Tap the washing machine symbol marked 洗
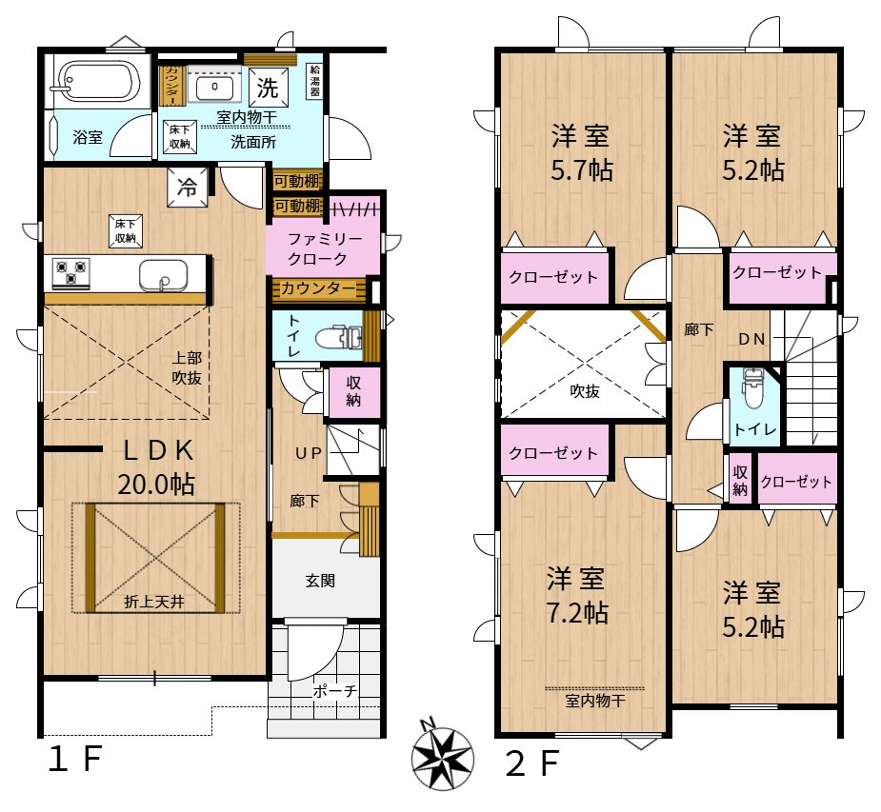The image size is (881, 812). (268, 87)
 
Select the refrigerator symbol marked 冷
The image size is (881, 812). (187, 187)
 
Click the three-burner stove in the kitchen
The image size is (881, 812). (70, 273)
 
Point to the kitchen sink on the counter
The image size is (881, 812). (164, 275)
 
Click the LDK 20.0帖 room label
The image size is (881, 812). (157, 466)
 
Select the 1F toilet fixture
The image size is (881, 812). (338, 338)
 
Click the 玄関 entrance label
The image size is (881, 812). (320, 580)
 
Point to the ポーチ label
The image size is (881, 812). (335, 691)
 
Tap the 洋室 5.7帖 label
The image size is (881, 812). (581, 152)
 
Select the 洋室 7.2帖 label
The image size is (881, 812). (577, 596)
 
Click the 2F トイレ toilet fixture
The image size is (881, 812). (751, 388)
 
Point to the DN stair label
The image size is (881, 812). (751, 339)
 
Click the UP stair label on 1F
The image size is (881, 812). (309, 452)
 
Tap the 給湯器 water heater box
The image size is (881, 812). (314, 81)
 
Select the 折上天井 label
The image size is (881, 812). (154, 602)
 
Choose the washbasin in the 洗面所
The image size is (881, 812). (214, 88)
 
